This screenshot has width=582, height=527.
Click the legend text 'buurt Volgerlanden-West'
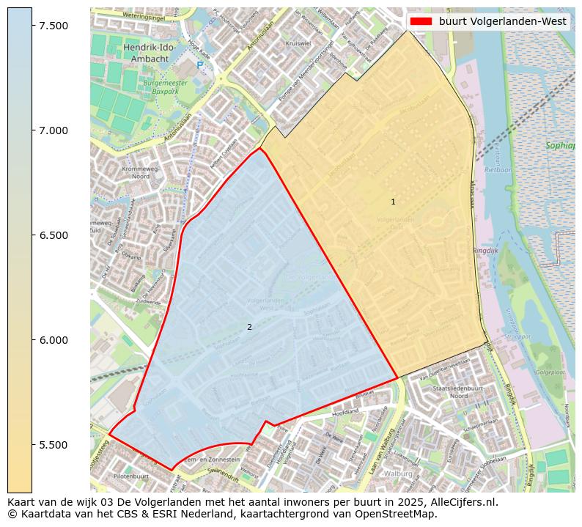tap(502, 21)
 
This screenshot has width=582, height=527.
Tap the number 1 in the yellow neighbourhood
tap(393, 202)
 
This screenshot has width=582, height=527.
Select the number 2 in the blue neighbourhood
tap(249, 327)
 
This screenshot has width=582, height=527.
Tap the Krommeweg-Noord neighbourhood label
tap(136, 172)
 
